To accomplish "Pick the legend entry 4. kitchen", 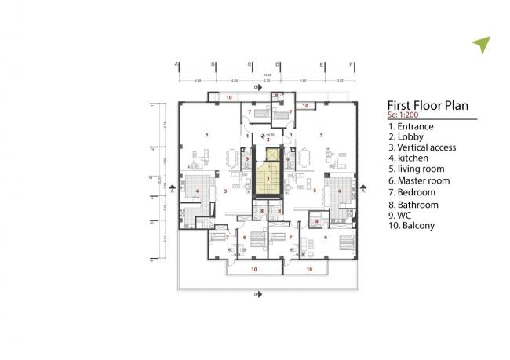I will coord(411,158).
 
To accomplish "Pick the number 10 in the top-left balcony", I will coord(228,97).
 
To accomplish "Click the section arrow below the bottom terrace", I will coord(259,294).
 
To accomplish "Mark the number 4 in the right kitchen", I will coord(339,191).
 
